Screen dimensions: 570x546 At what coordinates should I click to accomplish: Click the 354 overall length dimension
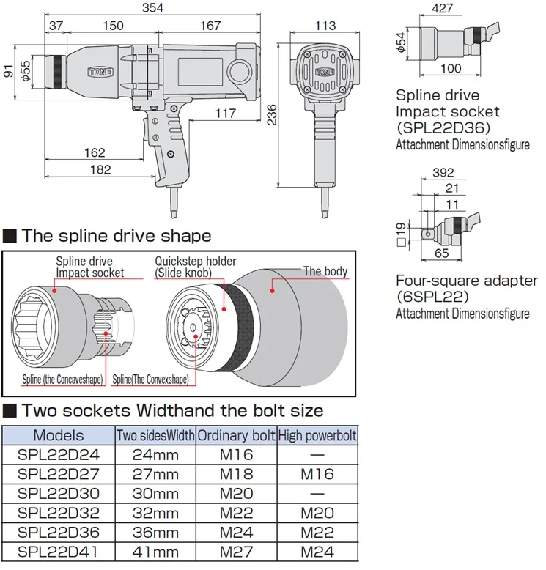153,8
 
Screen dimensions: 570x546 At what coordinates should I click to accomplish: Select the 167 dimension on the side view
210,26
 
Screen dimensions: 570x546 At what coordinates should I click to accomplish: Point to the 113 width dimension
325,26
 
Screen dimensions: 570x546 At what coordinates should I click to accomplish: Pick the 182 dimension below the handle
100,170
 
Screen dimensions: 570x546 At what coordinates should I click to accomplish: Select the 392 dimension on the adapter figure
443,173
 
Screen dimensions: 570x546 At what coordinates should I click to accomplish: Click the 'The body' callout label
325,271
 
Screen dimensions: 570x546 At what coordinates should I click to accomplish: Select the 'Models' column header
59,435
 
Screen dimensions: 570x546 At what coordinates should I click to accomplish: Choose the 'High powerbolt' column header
317,436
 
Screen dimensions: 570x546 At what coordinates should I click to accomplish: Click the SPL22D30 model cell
59,493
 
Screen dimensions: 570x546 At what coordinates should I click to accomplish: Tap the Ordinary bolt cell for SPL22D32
236,513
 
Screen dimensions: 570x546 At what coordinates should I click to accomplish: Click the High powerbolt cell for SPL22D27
317,474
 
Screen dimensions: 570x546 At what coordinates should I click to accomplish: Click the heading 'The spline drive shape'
116,236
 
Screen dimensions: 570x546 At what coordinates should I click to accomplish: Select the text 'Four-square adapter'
467,281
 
